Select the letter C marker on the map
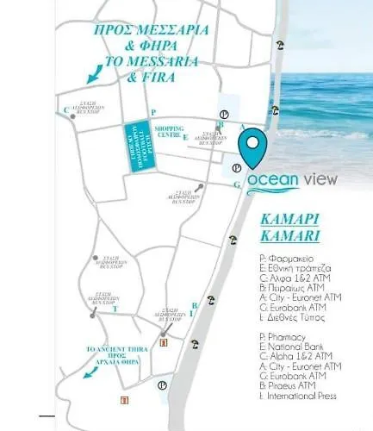(65, 109)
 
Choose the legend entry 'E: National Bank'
(293, 342)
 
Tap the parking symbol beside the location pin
(237, 167)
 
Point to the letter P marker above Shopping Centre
(152, 112)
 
